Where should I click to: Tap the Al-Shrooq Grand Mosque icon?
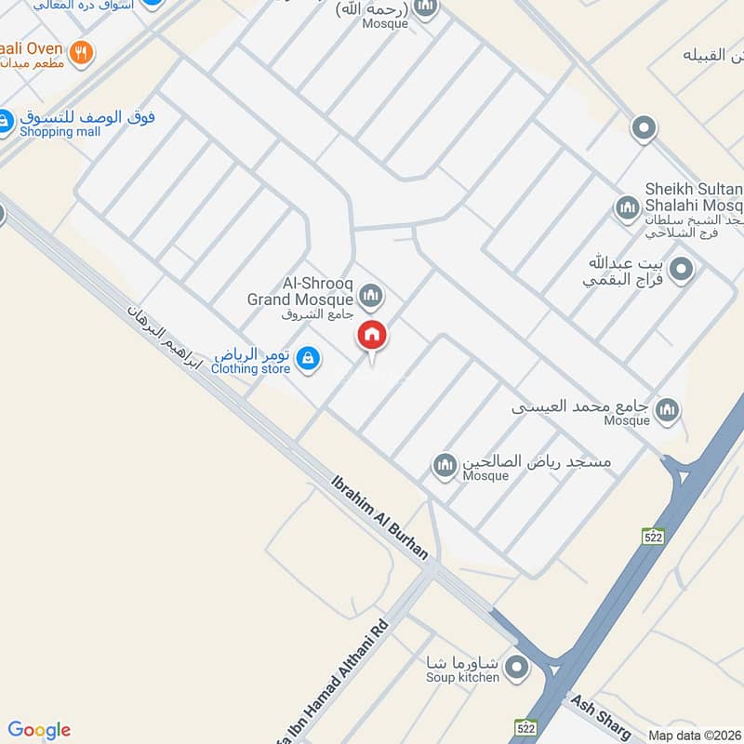coord(372,297)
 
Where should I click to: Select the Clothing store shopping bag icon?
coord(310,357)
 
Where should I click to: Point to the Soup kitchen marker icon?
coord(518,666)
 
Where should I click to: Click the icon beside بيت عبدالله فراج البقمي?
coord(682,271)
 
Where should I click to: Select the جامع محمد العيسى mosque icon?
coord(667,408)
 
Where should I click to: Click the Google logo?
coord(39,730)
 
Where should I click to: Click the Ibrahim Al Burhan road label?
coord(381,517)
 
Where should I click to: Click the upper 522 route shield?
coord(653,536)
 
